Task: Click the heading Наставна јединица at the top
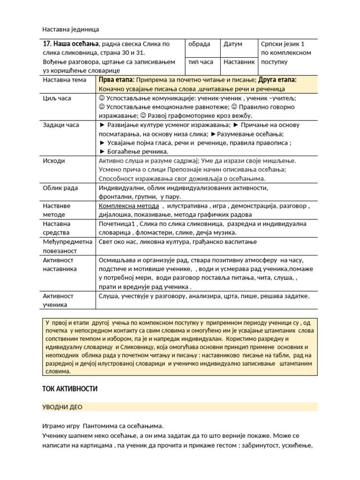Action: coord(71,29)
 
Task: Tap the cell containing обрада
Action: coord(199,44)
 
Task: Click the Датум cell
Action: coord(233,44)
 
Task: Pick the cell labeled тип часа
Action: coord(201,62)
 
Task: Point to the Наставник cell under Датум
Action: coord(239,62)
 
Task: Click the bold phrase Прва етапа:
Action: coord(117,80)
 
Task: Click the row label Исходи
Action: coord(54,161)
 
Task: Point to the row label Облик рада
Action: coord(60,188)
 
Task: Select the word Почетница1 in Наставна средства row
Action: coord(117,224)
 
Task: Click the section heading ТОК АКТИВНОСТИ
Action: coord(70,389)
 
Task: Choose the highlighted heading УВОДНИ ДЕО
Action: coord(62,407)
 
